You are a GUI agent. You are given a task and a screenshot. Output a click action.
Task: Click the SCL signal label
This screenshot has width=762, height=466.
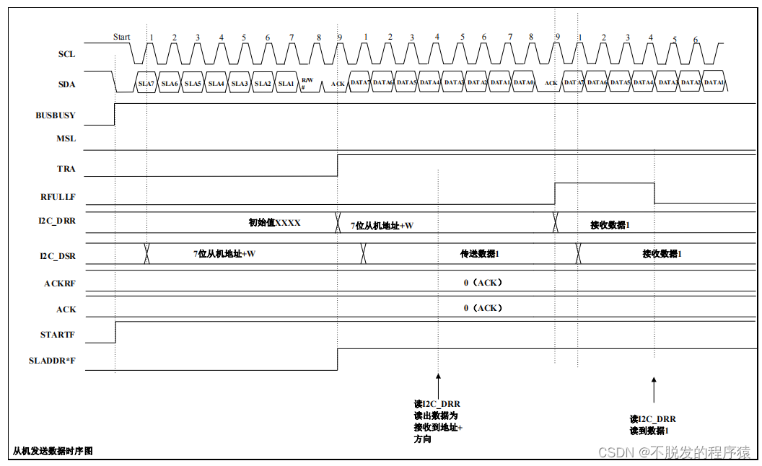coord(66,54)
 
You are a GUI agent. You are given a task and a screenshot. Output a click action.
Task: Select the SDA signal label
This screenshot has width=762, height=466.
coord(66,84)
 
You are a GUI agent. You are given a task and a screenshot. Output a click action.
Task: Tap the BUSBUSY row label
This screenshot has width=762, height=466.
coord(55,115)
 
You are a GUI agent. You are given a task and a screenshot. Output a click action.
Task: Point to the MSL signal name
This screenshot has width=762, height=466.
coord(66,139)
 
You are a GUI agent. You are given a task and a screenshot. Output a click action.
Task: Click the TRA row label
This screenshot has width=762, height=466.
coord(66,170)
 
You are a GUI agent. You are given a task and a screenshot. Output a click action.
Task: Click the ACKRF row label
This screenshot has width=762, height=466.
coord(60,283)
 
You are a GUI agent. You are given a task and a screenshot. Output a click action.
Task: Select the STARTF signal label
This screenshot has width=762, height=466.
coord(58,335)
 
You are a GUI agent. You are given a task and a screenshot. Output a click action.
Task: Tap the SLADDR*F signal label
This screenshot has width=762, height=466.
coord(53,361)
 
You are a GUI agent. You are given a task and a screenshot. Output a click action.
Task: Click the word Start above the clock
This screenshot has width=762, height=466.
coord(122,37)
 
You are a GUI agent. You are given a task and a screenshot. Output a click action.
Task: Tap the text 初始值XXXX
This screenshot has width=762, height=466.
coord(274,223)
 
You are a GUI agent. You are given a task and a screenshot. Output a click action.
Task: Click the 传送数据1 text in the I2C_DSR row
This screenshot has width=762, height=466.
coord(480,254)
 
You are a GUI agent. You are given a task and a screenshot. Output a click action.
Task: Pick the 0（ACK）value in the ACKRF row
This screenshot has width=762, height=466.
coord(483,283)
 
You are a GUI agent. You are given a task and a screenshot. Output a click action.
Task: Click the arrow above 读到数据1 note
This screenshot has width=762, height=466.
coord(654,390)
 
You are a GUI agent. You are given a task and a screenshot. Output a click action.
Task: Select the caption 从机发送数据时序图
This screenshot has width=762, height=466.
coord(53,452)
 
